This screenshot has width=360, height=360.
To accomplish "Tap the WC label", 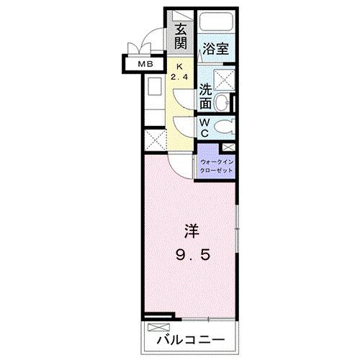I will (x=205, y=127).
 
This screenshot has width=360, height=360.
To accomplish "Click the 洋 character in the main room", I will (x=191, y=233).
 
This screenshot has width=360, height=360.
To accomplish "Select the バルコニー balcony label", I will (x=189, y=338).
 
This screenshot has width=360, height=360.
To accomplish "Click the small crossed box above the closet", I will (x=229, y=147).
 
